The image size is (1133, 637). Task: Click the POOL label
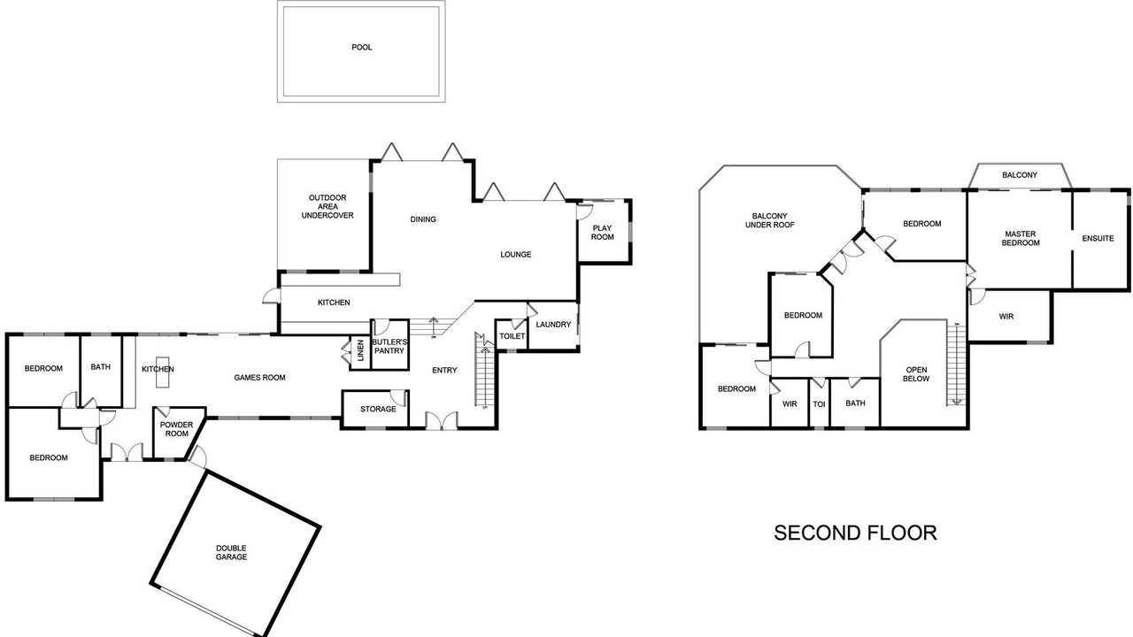pyautogui.click(x=362, y=48)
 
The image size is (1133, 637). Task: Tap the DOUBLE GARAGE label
pyautogui.click(x=232, y=553)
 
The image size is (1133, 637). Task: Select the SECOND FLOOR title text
pyautogui.click(x=855, y=533)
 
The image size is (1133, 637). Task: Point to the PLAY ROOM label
pyautogui.click(x=603, y=233)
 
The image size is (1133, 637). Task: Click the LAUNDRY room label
pyautogui.click(x=553, y=325)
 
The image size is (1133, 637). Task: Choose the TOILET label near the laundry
pyautogui.click(x=513, y=336)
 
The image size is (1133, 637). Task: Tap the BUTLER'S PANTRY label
pyautogui.click(x=389, y=346)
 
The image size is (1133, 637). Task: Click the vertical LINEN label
pyautogui.click(x=360, y=350)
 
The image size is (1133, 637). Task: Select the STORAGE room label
pyautogui.click(x=378, y=409)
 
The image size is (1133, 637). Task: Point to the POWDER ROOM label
pyautogui.click(x=177, y=429)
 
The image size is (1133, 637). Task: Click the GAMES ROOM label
pyautogui.click(x=260, y=378)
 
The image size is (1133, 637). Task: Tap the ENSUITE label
pyautogui.click(x=1098, y=238)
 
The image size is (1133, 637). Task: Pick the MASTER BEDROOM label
pyautogui.click(x=1021, y=239)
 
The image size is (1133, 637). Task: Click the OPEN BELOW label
pyautogui.click(x=916, y=374)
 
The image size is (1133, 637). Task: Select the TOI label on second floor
pyautogui.click(x=819, y=404)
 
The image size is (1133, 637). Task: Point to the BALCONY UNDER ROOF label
pyautogui.click(x=770, y=220)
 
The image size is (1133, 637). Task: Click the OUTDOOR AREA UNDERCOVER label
pyautogui.click(x=328, y=206)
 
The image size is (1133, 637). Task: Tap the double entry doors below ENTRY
pyautogui.click(x=442, y=420)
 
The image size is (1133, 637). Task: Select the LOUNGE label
pyautogui.click(x=516, y=254)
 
